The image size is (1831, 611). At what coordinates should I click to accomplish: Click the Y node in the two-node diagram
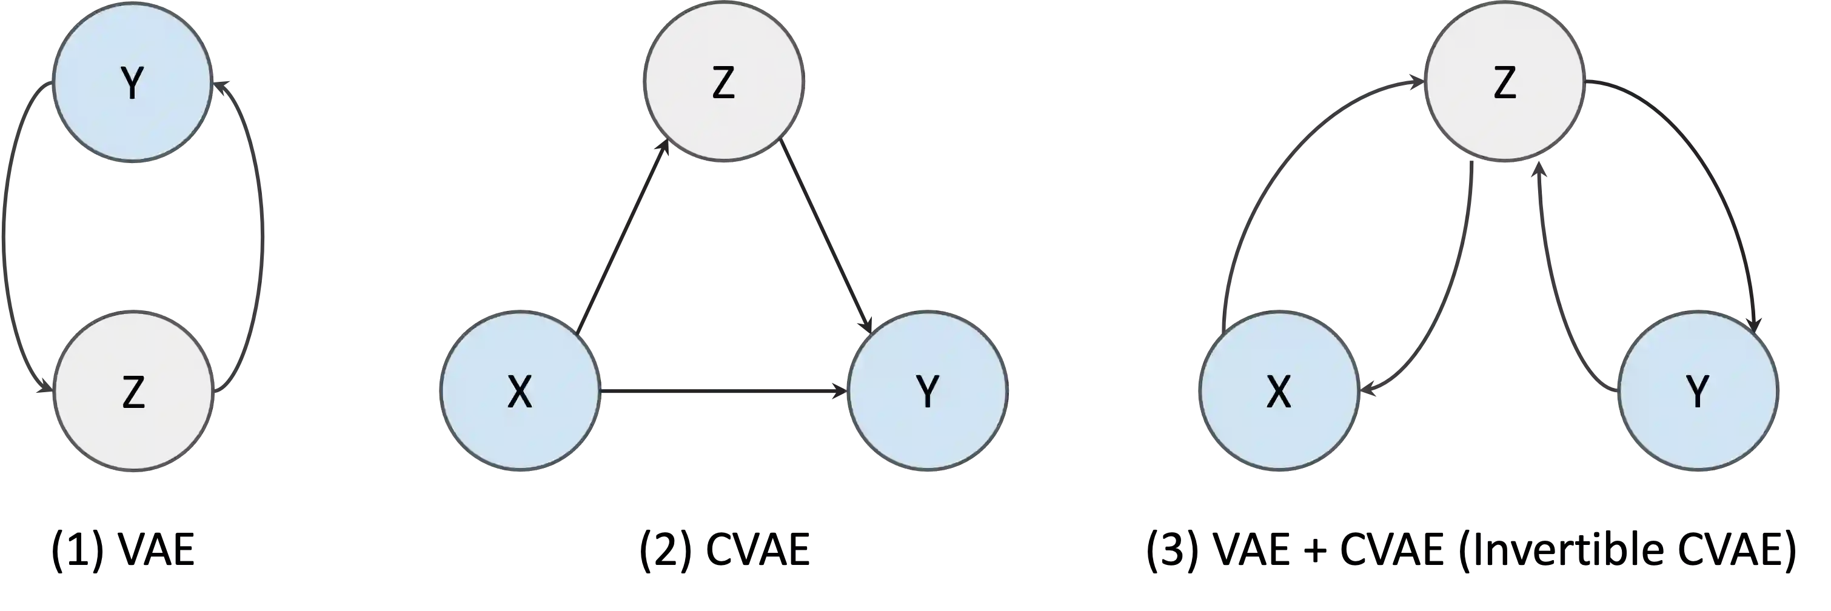click(132, 83)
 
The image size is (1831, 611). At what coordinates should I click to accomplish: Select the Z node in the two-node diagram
click(133, 392)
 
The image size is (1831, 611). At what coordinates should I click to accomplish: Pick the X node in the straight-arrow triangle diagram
click(520, 391)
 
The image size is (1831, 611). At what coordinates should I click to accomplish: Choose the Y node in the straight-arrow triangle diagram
click(928, 391)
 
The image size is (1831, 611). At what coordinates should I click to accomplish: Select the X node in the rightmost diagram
click(1279, 391)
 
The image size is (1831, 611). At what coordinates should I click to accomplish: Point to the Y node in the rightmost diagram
click(1698, 391)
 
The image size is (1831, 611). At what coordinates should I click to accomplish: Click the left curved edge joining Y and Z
click(7, 235)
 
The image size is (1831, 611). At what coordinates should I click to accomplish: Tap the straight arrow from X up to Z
click(622, 238)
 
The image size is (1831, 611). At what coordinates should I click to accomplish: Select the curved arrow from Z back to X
click(1457, 284)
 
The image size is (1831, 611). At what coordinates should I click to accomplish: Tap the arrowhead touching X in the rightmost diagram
click(1370, 389)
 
